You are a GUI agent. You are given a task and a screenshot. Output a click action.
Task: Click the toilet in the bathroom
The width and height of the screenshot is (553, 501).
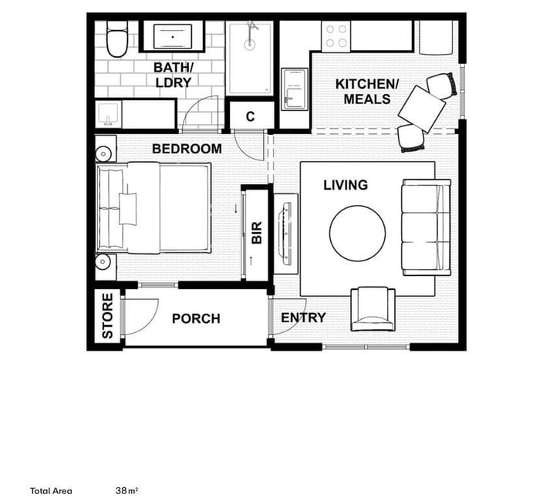pyautogui.click(x=117, y=39)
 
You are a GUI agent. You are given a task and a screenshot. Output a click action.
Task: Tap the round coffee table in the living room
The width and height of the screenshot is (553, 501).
pyautogui.click(x=357, y=234)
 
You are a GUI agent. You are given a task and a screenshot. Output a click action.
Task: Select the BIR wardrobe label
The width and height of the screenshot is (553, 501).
pyautogui.click(x=257, y=232)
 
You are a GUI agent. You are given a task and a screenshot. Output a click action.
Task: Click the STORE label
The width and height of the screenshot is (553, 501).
pyautogui.click(x=107, y=315)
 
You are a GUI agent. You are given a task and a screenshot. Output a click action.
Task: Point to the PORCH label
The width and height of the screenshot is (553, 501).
pyautogui.click(x=196, y=319)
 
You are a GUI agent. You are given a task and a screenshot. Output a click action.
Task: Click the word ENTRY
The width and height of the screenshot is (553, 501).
pyautogui.click(x=303, y=318)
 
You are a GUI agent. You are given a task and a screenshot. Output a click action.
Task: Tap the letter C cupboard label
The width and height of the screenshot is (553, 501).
pyautogui.click(x=251, y=116)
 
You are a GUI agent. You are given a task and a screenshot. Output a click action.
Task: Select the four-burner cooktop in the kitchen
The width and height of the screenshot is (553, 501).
pyautogui.click(x=336, y=36)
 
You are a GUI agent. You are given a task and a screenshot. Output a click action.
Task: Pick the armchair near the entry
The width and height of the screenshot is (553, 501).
pyautogui.click(x=373, y=309)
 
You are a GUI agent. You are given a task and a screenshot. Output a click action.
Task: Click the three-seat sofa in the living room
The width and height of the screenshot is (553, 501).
pyautogui.click(x=427, y=227)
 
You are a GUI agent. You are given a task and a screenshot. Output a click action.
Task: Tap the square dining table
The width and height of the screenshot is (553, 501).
pyautogui.click(x=421, y=109)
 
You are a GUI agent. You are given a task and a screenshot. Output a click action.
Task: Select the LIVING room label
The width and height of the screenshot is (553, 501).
pyautogui.click(x=346, y=185)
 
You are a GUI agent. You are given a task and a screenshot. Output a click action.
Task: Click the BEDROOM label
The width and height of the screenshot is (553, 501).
pyautogui.click(x=187, y=149)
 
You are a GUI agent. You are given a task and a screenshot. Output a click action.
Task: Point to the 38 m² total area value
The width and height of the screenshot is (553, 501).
pyautogui.click(x=126, y=490)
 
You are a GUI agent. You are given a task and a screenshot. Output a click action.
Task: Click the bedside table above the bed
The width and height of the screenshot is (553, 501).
pyautogui.click(x=106, y=149)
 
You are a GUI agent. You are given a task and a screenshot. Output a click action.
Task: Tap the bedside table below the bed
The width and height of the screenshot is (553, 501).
pyautogui.click(x=106, y=267)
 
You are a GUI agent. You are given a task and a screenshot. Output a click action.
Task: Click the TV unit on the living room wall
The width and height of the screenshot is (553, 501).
pyautogui.click(x=286, y=234)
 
